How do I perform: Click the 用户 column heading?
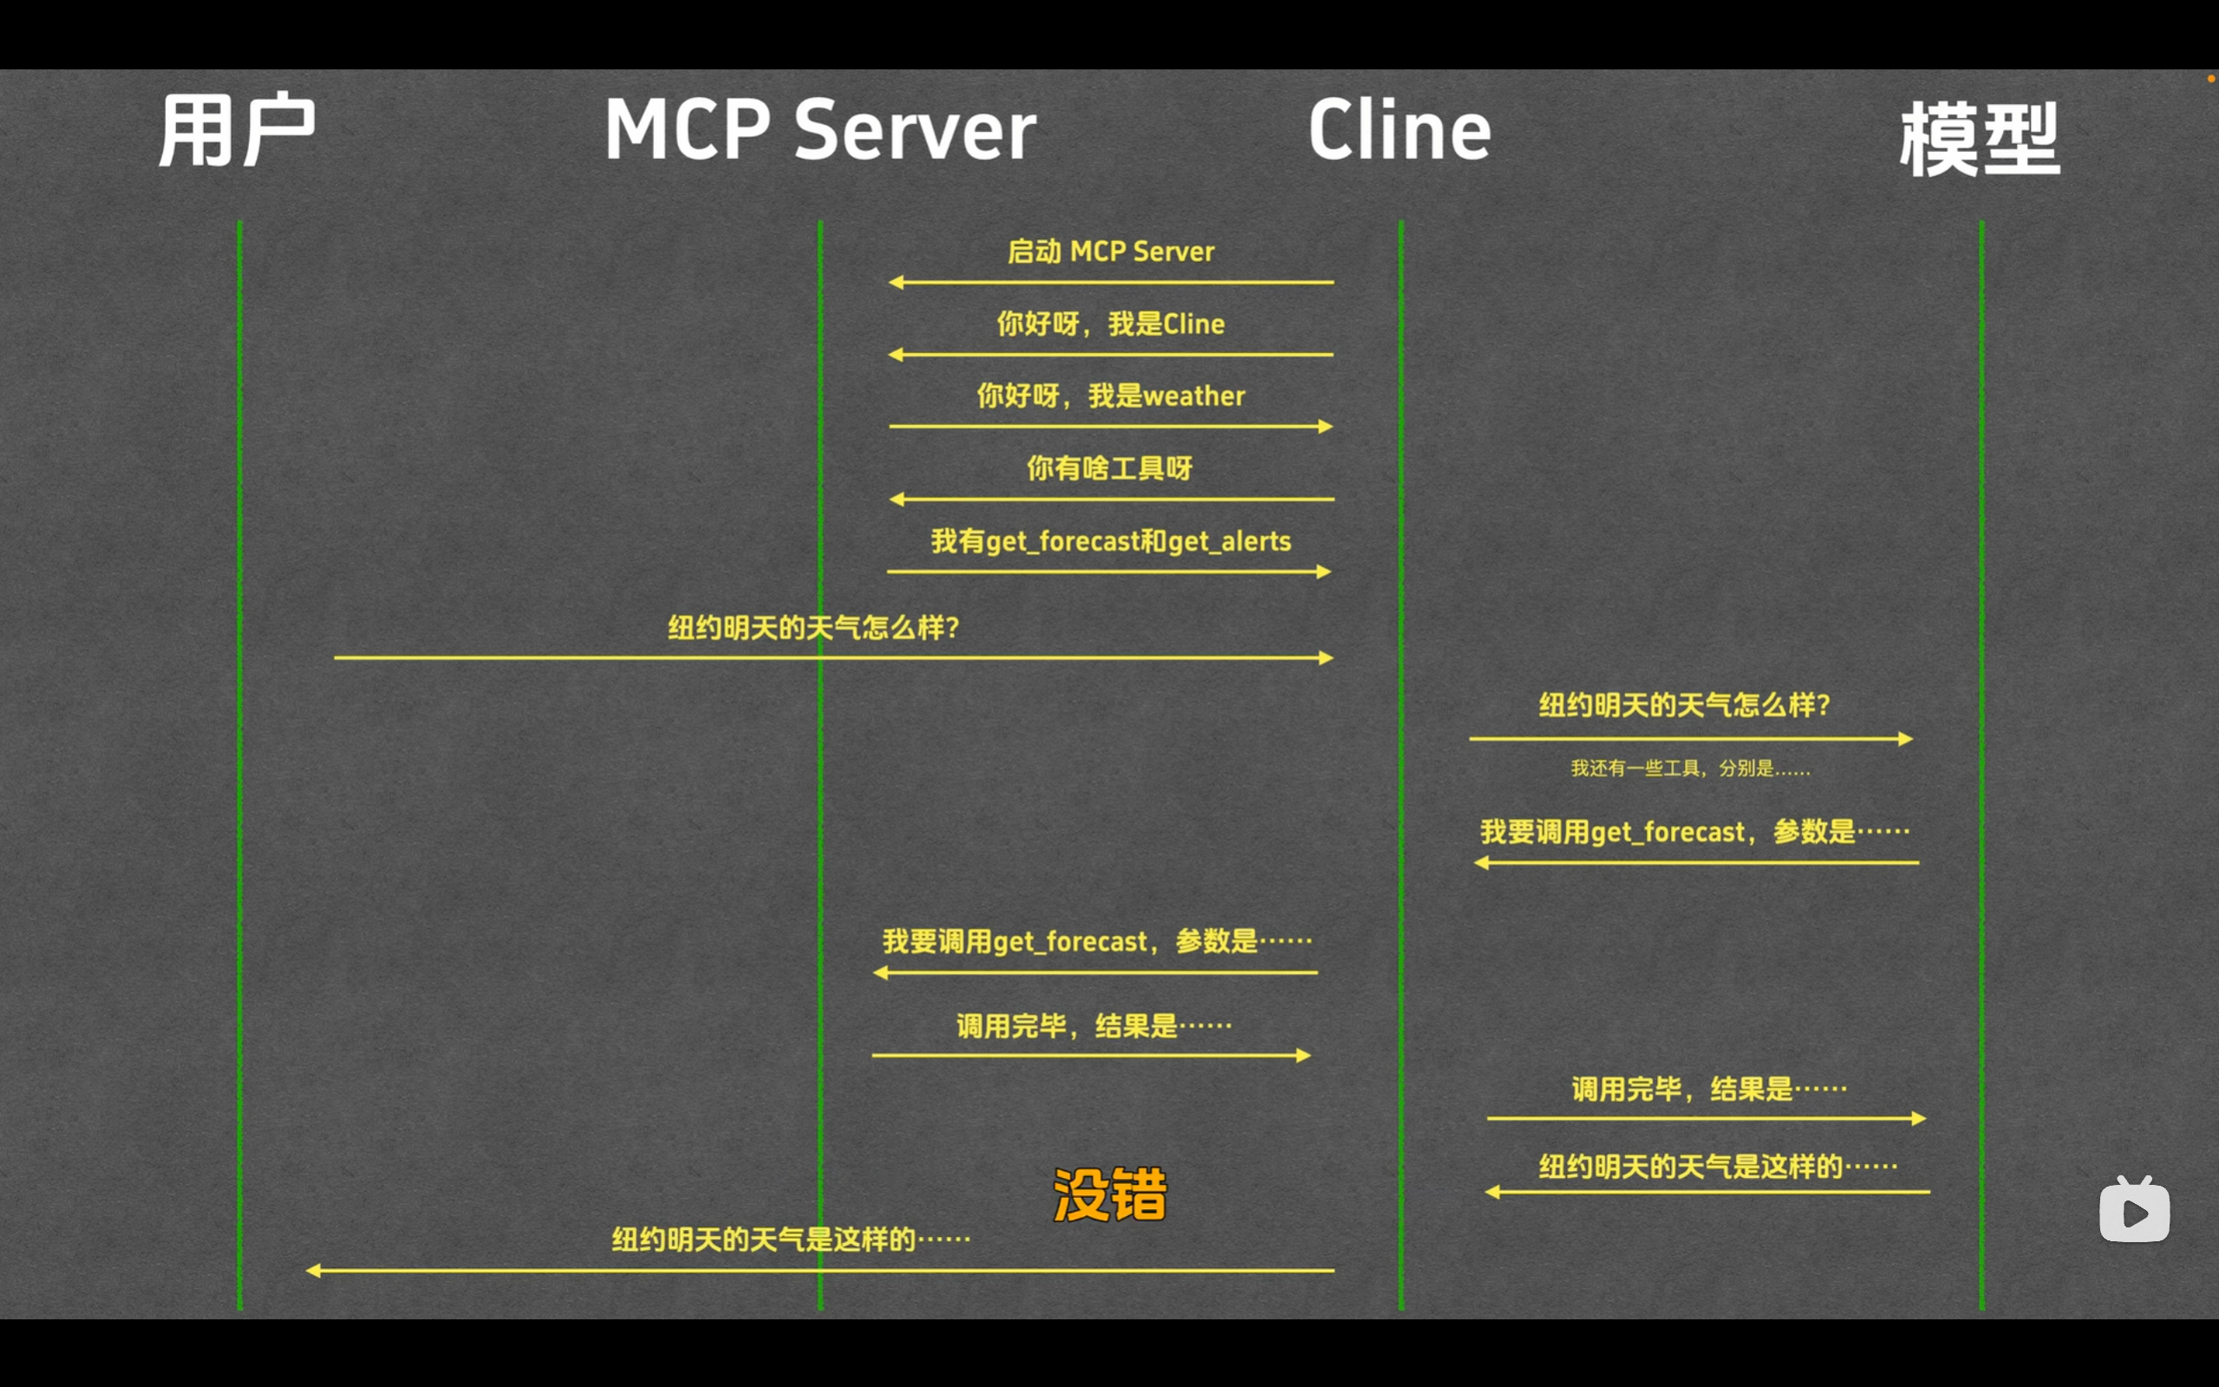[x=237, y=130]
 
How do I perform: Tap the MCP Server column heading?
[x=819, y=130]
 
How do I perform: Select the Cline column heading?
[x=1400, y=130]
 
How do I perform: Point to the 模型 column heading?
[x=1979, y=138]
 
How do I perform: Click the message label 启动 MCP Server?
[x=1111, y=252]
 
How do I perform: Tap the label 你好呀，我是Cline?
[x=1111, y=324]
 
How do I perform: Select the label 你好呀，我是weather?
[x=1111, y=396]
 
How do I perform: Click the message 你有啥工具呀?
[x=1110, y=468]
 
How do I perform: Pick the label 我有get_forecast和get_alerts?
[x=1111, y=541]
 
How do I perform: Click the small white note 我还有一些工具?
[x=1690, y=768]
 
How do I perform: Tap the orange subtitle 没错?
[x=1110, y=1194]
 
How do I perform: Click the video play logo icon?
[x=2135, y=1210]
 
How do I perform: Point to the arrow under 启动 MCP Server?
[x=1111, y=283]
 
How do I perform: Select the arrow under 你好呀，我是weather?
[x=1111, y=427]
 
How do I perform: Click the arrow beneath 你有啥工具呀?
[x=1111, y=499]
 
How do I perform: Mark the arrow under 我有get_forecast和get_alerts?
[x=1108, y=572]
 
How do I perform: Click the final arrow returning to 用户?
[x=819, y=1271]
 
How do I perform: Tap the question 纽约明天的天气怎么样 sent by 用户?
[x=813, y=627]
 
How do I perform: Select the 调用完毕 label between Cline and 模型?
[x=1708, y=1089]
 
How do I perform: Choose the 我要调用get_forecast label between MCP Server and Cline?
[x=1097, y=941]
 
